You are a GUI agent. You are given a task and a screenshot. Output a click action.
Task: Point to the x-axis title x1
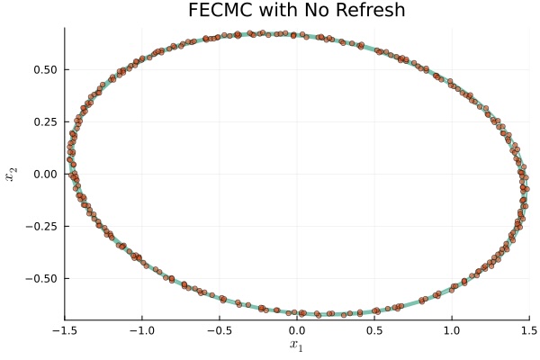tap(297, 346)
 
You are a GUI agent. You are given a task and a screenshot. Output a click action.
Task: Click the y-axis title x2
tap(12, 174)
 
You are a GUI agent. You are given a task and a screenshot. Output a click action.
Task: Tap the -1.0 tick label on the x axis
tap(141, 328)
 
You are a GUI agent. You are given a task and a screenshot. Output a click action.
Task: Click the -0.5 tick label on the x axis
tap(219, 328)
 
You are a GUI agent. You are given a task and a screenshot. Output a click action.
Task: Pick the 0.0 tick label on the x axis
tap(297, 328)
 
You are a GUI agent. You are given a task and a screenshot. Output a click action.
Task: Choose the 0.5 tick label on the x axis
tap(374, 328)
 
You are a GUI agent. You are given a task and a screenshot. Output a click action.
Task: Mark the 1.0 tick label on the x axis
tap(452, 328)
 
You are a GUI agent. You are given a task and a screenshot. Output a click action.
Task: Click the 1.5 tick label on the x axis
tap(528, 328)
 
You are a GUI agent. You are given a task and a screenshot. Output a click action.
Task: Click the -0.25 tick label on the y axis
tap(42, 226)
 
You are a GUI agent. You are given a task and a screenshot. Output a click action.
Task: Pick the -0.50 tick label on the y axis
tap(42, 278)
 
